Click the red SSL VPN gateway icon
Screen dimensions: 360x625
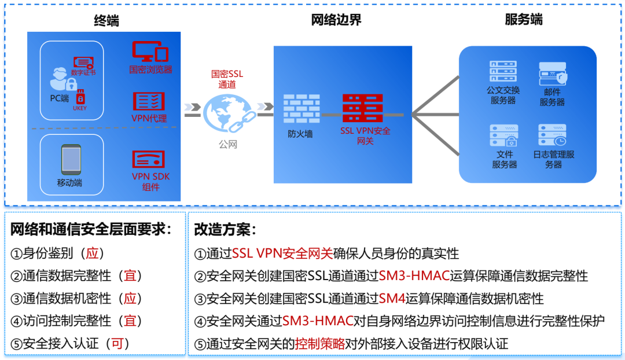tap(362, 108)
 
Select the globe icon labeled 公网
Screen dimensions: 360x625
tap(227, 113)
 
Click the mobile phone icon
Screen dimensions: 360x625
tap(71, 158)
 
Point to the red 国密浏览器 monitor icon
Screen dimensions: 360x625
tap(150, 52)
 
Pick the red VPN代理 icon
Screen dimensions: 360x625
tap(149, 101)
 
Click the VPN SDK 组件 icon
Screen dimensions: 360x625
tap(149, 159)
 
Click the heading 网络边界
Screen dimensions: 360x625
tap(336, 20)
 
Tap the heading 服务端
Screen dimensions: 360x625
tap(524, 20)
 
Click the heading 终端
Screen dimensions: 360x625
tap(107, 21)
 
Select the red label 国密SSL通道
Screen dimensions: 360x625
tap(227, 79)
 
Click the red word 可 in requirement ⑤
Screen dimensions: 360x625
tap(117, 343)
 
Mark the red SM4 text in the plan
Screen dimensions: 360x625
tap(391, 299)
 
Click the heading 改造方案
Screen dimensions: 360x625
tap(226, 230)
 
